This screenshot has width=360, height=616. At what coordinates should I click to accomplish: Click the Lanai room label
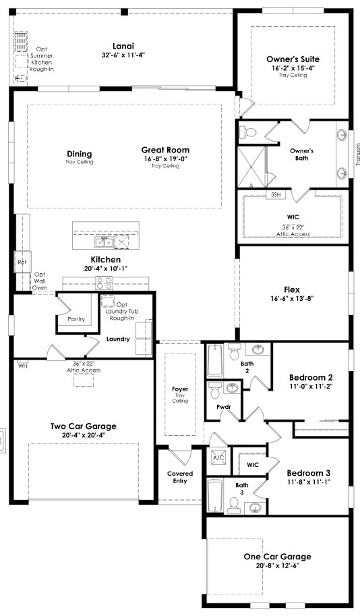(x=123, y=46)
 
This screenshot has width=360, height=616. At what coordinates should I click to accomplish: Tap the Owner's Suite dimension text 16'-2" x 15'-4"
(x=293, y=68)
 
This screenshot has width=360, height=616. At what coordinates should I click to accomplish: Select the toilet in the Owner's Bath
(x=247, y=132)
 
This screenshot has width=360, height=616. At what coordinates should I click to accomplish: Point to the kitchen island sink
(x=104, y=242)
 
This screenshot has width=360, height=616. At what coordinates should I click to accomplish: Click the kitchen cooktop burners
(x=104, y=283)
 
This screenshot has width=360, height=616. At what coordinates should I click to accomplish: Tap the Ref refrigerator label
(x=22, y=262)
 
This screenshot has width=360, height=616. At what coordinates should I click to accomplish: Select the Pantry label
(x=76, y=319)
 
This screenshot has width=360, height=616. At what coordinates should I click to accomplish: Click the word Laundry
(x=118, y=339)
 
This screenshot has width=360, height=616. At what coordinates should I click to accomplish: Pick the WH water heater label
(x=22, y=366)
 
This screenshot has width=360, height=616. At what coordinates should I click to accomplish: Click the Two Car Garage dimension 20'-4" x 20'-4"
(x=83, y=435)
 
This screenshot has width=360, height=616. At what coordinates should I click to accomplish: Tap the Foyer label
(x=180, y=389)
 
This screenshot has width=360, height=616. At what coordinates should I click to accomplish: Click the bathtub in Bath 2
(x=215, y=360)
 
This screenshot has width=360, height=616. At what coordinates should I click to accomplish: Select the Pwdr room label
(x=223, y=407)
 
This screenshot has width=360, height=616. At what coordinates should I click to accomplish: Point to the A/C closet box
(x=218, y=457)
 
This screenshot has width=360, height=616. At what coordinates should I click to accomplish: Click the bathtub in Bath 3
(x=215, y=496)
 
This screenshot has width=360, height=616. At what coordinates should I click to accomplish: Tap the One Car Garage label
(x=277, y=556)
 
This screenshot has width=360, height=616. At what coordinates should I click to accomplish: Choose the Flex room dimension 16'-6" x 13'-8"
(x=292, y=298)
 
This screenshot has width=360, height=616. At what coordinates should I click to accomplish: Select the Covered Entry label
(x=180, y=477)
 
